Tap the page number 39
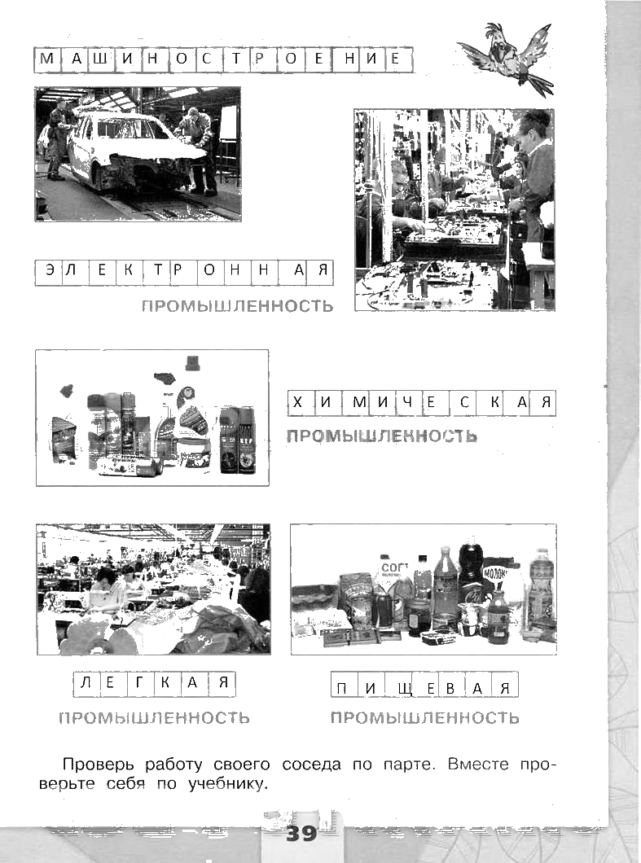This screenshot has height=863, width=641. pos(302,833)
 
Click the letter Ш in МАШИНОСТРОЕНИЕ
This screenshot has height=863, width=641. pos(102,58)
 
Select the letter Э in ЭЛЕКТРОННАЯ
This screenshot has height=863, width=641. pos(50,271)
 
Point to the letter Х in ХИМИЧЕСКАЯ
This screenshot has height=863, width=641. pos(297,402)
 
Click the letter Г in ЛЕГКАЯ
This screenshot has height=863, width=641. pos(139,683)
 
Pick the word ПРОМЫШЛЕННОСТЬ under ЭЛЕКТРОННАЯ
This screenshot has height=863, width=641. pos(238,305)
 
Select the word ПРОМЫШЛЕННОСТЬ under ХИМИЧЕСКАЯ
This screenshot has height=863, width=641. pos(382,436)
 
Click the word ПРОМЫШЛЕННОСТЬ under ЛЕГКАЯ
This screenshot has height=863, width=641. pos(154,718)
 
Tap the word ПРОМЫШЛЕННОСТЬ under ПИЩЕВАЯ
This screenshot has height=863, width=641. pos(424,718)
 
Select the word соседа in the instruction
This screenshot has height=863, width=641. pos(311,765)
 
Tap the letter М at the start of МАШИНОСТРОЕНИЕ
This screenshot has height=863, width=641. pos(47,58)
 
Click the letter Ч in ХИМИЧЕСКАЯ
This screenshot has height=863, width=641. pos(407,402)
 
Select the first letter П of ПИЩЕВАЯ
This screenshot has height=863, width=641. pos(343,688)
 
